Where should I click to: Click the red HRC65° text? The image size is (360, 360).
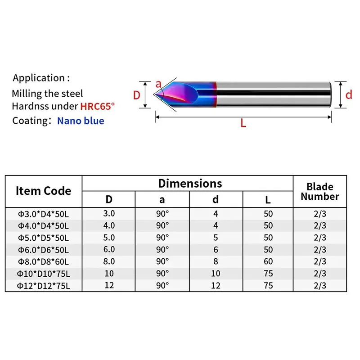(98, 107)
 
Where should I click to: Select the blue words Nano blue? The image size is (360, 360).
(81, 121)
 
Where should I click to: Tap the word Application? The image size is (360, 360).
(39, 78)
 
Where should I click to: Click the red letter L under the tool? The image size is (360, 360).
(243, 123)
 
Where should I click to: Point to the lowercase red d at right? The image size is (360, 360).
(348, 95)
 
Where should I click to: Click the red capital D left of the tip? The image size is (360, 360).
(137, 95)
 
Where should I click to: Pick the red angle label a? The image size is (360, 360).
(158, 84)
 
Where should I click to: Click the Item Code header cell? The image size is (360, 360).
(44, 191)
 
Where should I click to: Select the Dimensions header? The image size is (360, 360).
(190, 183)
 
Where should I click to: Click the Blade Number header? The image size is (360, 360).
(320, 191)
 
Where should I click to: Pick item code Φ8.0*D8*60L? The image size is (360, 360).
(44, 261)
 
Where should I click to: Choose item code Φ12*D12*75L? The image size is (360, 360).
(44, 286)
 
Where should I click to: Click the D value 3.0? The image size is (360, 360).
(109, 213)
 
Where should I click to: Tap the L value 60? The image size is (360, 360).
(269, 261)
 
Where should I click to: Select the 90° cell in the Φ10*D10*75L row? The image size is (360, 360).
(162, 274)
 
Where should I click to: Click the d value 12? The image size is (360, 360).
(216, 286)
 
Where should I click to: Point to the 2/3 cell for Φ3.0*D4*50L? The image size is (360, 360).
(320, 213)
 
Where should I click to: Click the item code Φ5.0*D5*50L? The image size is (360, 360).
(44, 237)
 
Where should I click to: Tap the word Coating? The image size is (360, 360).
(30, 121)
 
